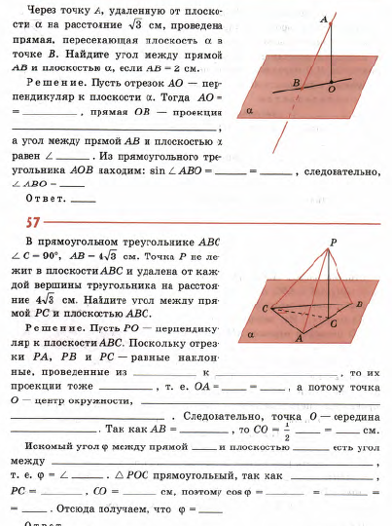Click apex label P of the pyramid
(333, 241)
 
